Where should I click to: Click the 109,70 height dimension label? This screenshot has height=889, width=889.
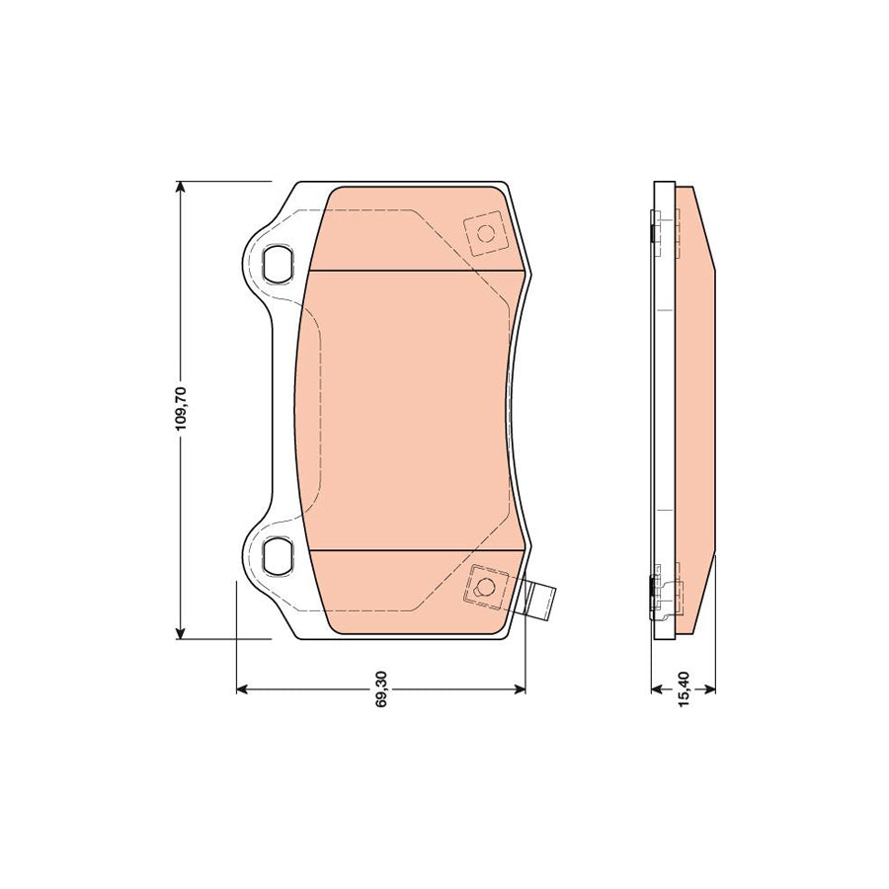(181, 409)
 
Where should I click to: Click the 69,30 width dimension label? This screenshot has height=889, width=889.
(381, 688)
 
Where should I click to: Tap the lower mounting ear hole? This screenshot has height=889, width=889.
(279, 554)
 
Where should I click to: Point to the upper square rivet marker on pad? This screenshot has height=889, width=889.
(485, 234)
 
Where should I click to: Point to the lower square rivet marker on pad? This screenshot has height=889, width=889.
(485, 585)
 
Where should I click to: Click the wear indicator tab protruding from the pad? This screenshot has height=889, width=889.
(539, 601)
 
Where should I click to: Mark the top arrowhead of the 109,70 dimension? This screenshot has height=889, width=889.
(181, 189)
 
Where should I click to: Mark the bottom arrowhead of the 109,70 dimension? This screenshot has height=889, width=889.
(181, 632)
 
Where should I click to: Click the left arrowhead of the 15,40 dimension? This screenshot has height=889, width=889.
(657, 688)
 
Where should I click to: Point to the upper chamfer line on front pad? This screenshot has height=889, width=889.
(415, 271)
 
